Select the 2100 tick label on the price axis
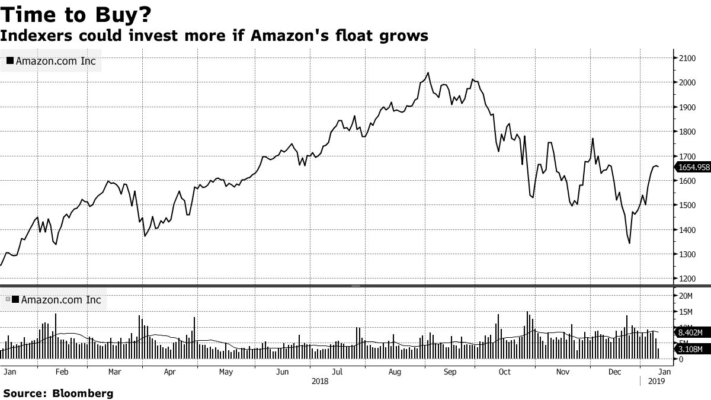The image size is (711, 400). (x=687, y=57)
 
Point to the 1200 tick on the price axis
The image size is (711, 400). (x=687, y=279)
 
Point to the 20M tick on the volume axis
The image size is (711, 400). (x=686, y=296)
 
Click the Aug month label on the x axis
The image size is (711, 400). (x=395, y=372)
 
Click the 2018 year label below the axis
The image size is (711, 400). (x=320, y=382)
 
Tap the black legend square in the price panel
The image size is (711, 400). (x=10, y=61)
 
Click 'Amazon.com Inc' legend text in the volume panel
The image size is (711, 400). (x=61, y=300)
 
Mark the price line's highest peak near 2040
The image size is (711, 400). (x=428, y=73)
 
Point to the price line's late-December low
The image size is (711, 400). (x=629, y=243)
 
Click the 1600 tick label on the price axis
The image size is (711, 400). (x=687, y=181)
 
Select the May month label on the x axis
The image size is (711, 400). (x=226, y=372)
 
